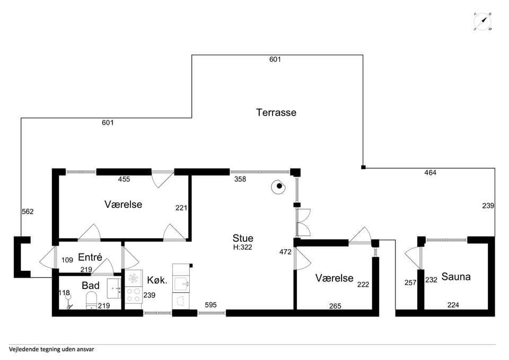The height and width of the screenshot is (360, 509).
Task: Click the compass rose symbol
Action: pyautogui.click(x=482, y=22)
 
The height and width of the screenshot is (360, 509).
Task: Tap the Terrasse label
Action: pyautogui.click(x=276, y=112)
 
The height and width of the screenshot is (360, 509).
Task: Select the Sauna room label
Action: pyautogui.click(x=456, y=277)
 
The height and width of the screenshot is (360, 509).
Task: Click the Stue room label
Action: pyautogui.click(x=243, y=238)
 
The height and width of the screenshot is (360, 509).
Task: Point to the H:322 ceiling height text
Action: pyautogui.click(x=242, y=248)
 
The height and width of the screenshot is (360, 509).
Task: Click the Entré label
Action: pyautogui.click(x=90, y=258)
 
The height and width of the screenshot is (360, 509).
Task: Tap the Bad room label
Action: pyautogui.click(x=91, y=286)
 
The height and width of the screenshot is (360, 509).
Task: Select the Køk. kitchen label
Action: pyautogui.click(x=157, y=280)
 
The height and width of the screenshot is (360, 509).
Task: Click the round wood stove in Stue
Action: pyautogui.click(x=278, y=187)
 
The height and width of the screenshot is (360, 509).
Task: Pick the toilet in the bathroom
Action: pyautogui.click(x=91, y=300)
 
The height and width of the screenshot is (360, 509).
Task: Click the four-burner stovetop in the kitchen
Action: pyautogui.click(x=134, y=295)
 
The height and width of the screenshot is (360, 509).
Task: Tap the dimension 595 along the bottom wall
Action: pyautogui.click(x=210, y=305)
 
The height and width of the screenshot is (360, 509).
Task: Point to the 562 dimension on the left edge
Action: pyautogui.click(x=28, y=212)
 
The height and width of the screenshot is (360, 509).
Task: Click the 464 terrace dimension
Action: pyautogui.click(x=430, y=173)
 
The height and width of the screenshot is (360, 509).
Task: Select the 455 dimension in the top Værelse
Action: pyautogui.click(x=124, y=179)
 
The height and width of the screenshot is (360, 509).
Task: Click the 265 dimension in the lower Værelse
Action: pyautogui.click(x=335, y=306)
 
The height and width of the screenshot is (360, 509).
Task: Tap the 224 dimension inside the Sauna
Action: pyautogui.click(x=453, y=305)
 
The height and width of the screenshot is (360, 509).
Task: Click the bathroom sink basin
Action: pyautogui.click(x=114, y=288)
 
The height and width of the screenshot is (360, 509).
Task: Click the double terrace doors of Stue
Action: pyautogui.click(x=303, y=222)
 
